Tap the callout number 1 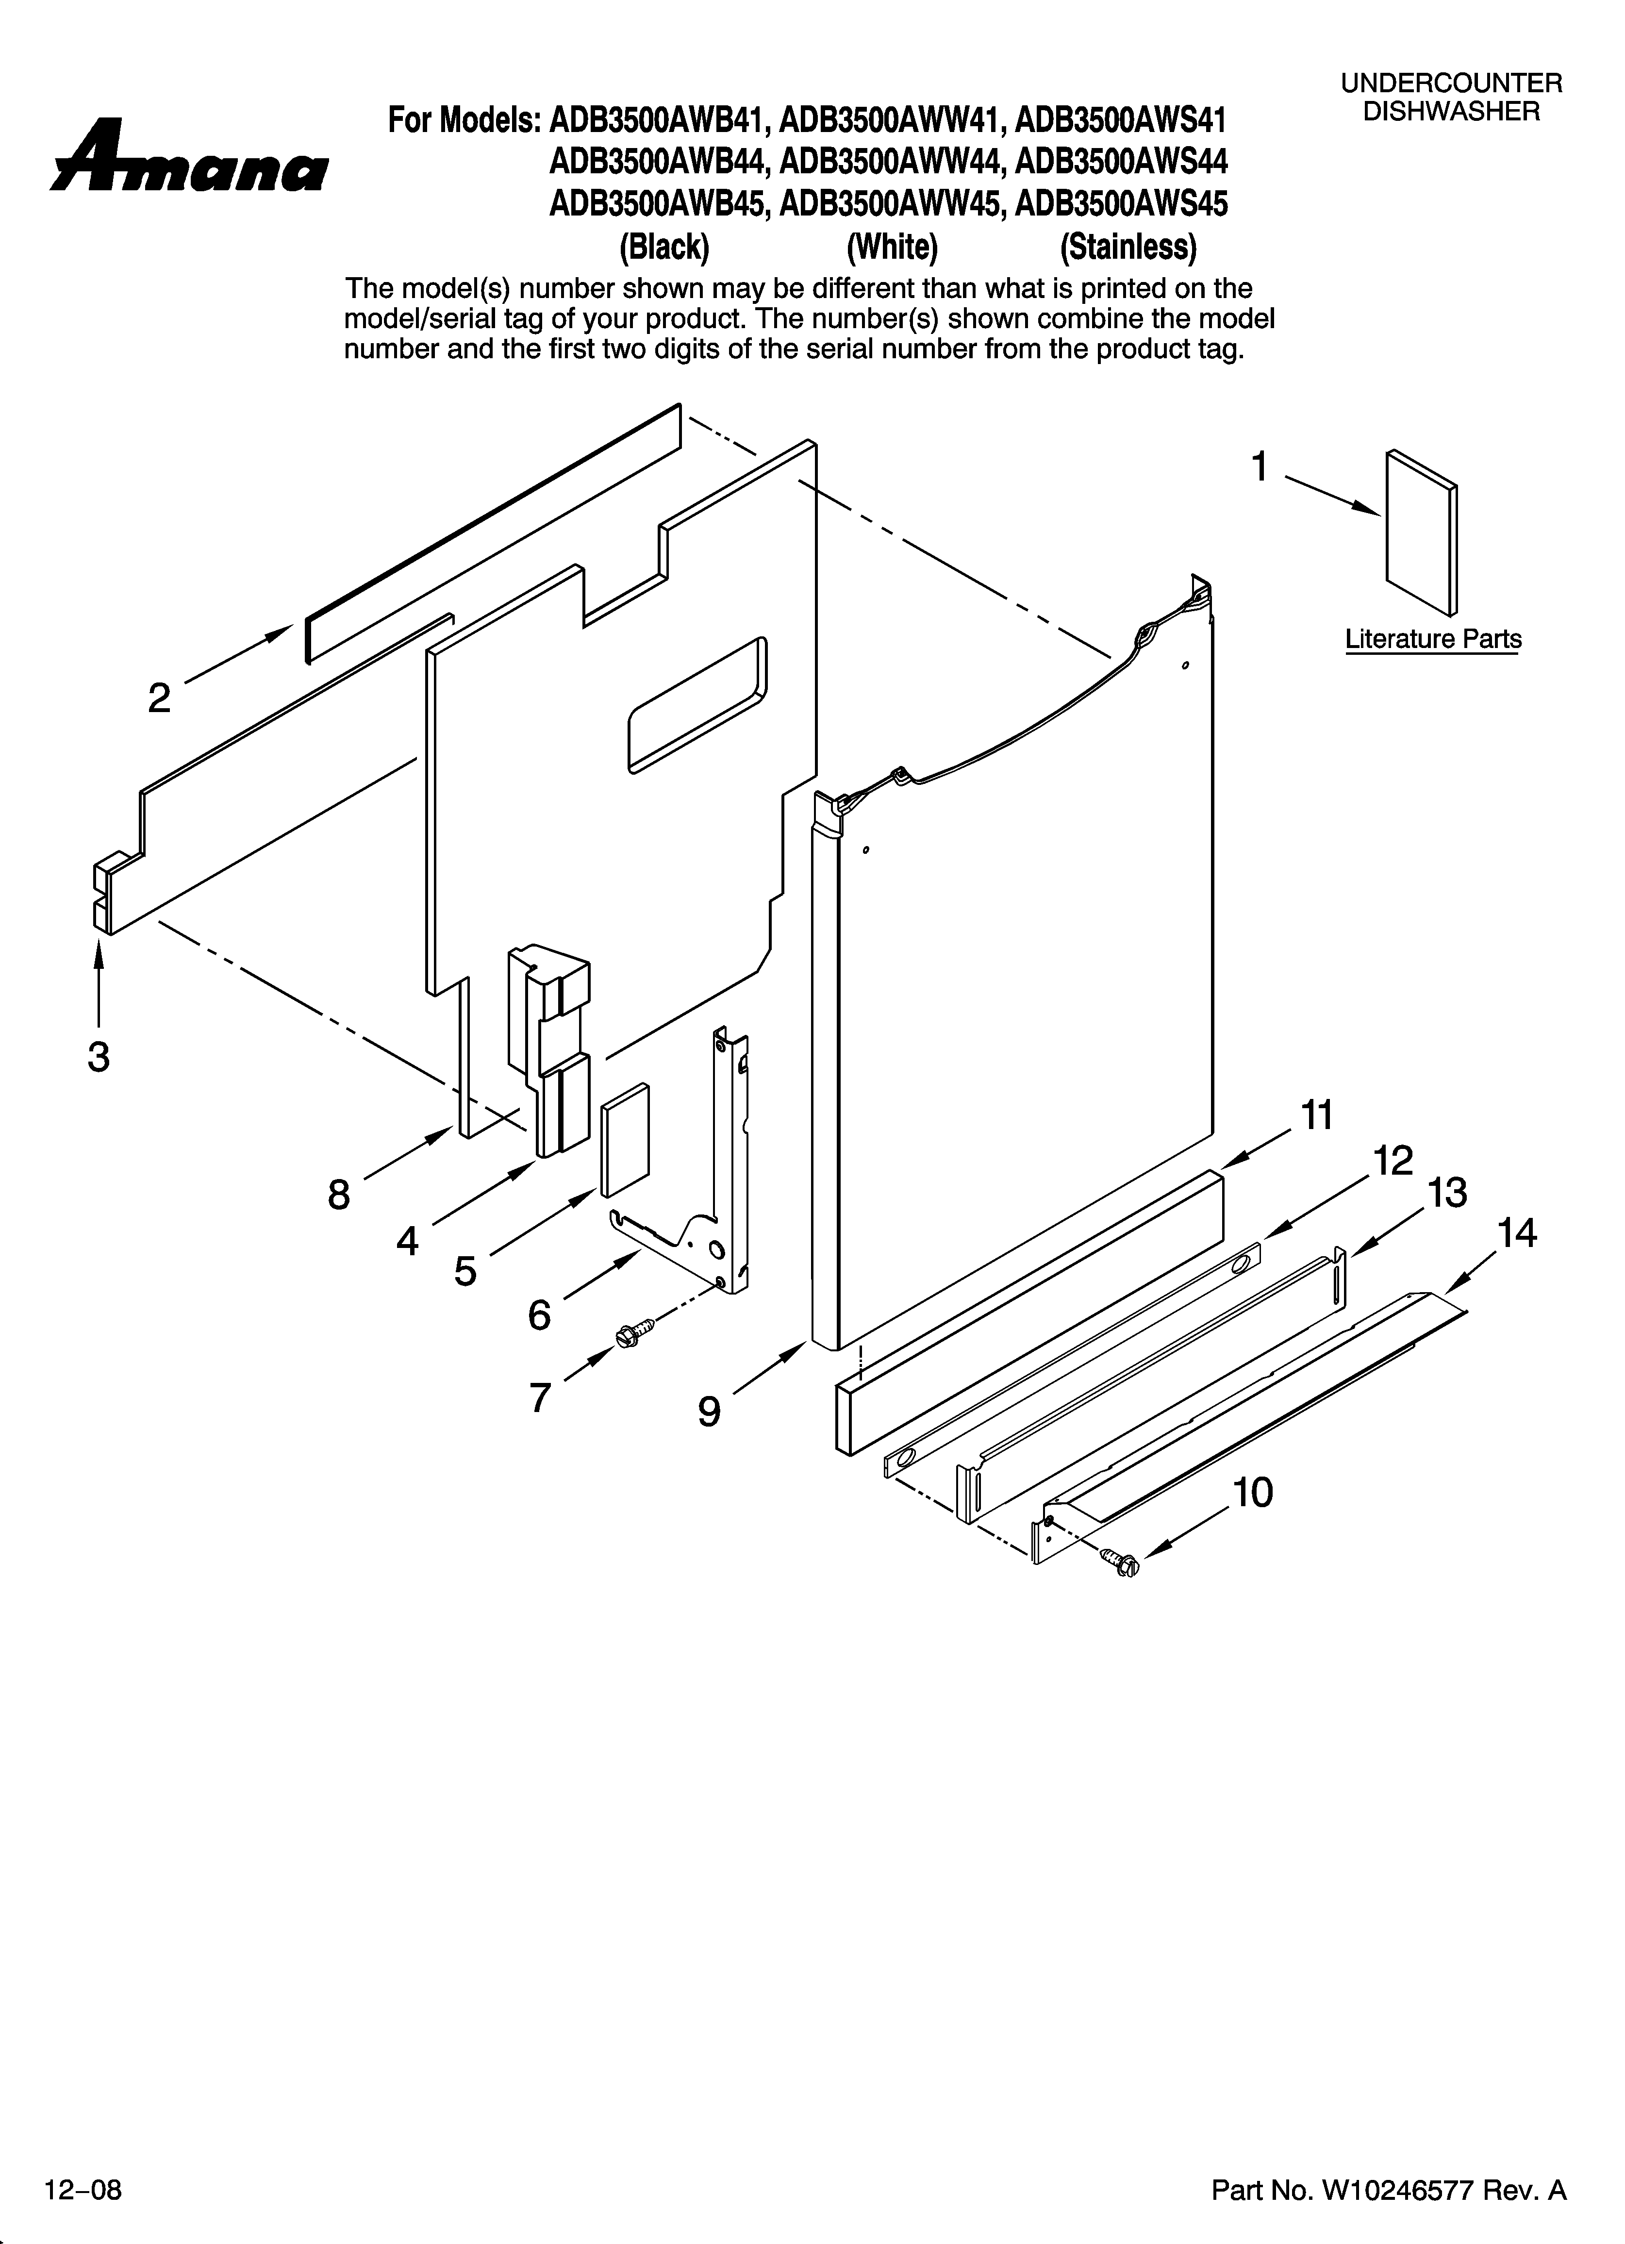pos(1259,466)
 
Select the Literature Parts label pos(1432,639)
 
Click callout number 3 pos(98,1057)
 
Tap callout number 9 pos(709,1411)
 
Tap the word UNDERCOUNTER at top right pos(1451,84)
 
